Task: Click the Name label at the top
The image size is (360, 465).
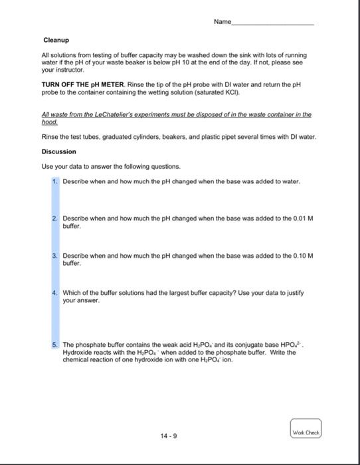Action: pyautogui.click(x=222, y=22)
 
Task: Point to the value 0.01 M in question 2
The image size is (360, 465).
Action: pyautogui.click(x=302, y=217)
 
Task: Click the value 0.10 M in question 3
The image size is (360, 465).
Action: pyautogui.click(x=302, y=254)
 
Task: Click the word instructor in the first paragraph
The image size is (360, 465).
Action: pyautogui.click(x=68, y=69)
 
